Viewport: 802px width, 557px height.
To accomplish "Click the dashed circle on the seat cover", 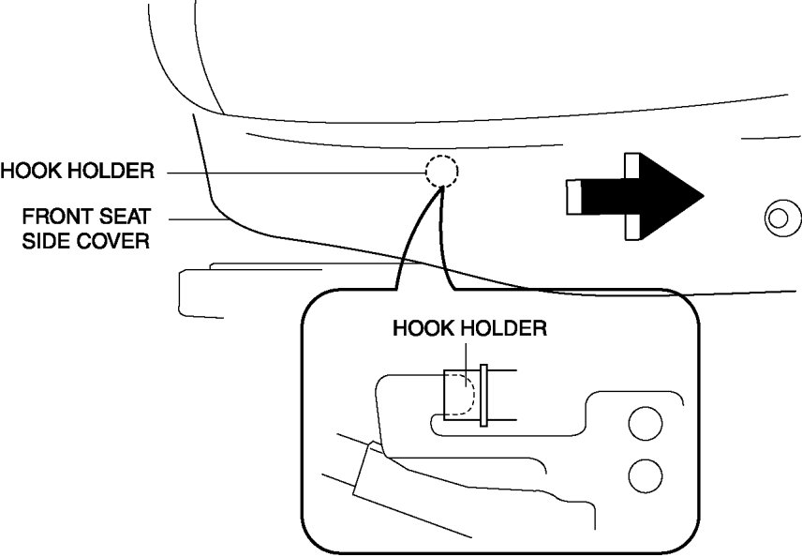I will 440,171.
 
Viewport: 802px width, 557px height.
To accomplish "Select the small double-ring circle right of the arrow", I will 777,219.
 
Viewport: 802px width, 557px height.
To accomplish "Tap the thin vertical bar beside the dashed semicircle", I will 483,395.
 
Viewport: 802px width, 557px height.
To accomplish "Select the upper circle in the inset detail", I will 645,424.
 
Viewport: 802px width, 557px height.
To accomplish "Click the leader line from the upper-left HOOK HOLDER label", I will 290,172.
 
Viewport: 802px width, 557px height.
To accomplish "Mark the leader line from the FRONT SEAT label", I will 197,218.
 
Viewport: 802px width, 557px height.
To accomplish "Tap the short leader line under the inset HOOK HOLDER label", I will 468,354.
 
